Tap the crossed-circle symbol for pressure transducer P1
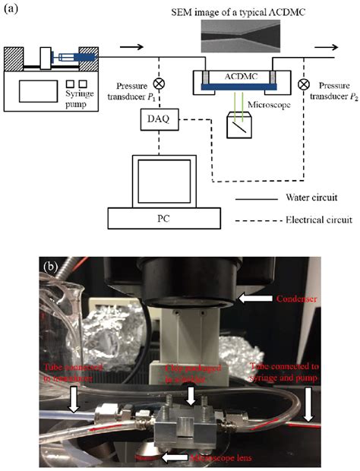coord(159,84)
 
